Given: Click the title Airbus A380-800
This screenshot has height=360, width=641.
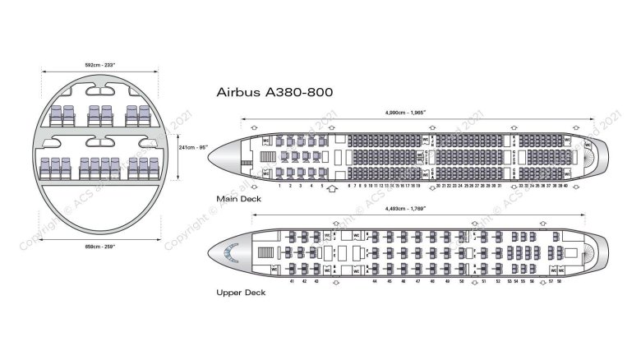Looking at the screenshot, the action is [x=274, y=93].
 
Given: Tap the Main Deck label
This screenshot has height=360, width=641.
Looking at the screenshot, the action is [x=238, y=199].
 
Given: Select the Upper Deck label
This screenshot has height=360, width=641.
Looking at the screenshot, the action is [x=239, y=292].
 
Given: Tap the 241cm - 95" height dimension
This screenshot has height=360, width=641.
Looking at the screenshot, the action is [x=193, y=147].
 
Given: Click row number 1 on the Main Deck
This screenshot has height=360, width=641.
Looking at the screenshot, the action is [x=280, y=186].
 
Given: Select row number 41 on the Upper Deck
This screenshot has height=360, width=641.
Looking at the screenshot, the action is [x=293, y=281].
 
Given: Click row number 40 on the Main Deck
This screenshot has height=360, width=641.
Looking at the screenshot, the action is [x=565, y=186].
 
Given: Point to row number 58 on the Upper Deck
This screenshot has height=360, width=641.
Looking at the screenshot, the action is [x=560, y=281].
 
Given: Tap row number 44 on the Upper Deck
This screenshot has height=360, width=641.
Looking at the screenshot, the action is [x=375, y=281].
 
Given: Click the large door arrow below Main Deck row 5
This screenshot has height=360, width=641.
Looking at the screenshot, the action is [x=332, y=188].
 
